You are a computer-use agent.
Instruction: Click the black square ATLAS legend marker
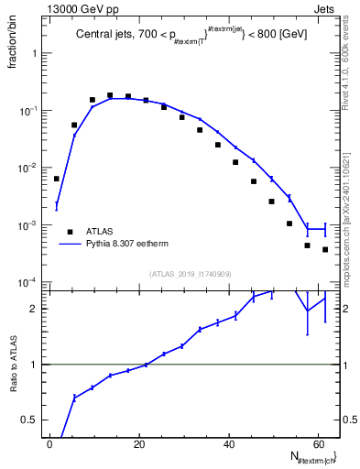pos(69,232)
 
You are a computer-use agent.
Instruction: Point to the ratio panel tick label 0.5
pos(32,420)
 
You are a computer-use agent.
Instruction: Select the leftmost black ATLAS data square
pos(56,179)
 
